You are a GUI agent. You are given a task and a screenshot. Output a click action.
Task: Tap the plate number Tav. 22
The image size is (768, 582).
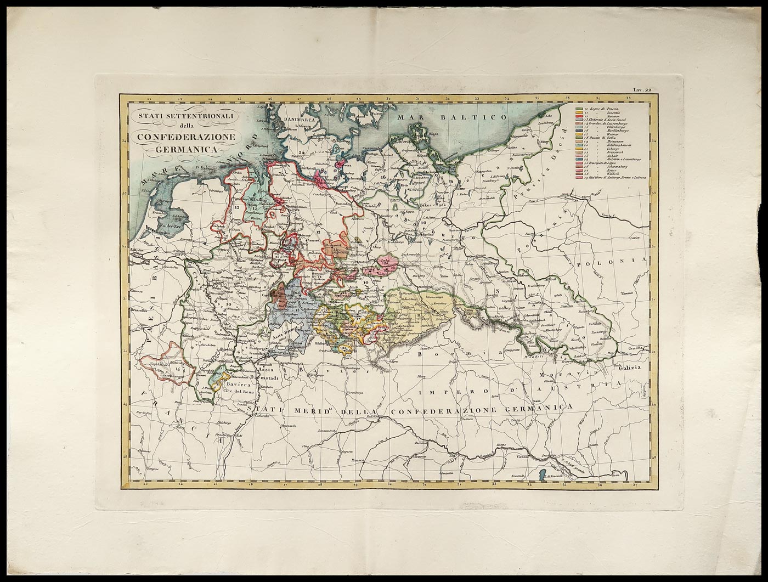click(x=641, y=90)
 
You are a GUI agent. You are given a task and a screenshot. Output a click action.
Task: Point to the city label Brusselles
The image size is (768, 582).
click(x=139, y=310)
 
